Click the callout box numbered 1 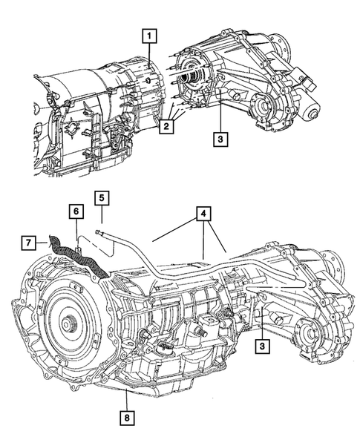(149, 35)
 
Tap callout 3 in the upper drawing (219, 138)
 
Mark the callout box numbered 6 (76, 211)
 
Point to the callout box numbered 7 (27, 242)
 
